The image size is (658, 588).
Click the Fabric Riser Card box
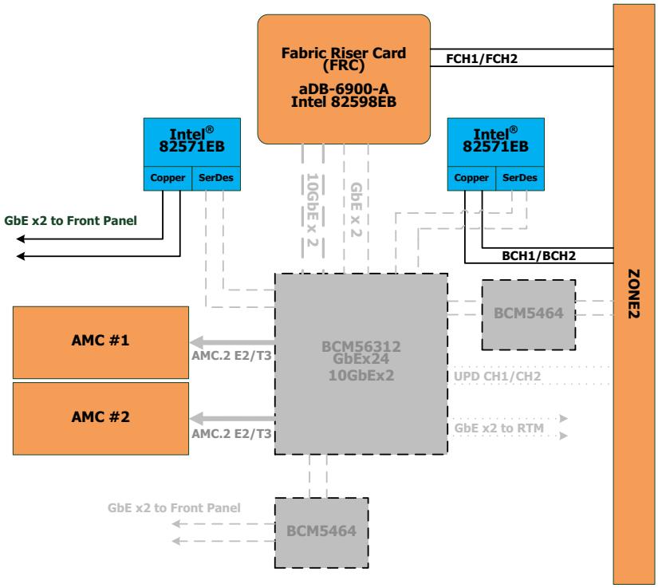click(x=344, y=79)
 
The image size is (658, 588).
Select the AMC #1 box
click(x=100, y=342)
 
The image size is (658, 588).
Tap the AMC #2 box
click(x=100, y=418)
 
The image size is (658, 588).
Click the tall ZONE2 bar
click(x=633, y=294)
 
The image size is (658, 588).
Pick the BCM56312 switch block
click(x=361, y=364)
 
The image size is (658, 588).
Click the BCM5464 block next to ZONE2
click(x=528, y=315)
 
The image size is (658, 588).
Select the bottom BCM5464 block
click(x=321, y=533)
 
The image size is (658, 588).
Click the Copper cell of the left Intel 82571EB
click(x=167, y=179)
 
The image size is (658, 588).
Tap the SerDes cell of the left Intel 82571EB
click(x=216, y=179)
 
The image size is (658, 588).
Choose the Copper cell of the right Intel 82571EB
click(x=471, y=179)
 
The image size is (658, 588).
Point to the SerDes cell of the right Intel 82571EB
click(x=520, y=179)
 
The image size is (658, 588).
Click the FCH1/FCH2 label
click(x=482, y=59)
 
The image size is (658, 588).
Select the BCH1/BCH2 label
click(x=539, y=255)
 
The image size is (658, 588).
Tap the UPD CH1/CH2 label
click(x=497, y=376)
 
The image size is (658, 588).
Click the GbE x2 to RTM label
click(x=499, y=428)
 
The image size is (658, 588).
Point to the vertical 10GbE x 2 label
click(x=313, y=210)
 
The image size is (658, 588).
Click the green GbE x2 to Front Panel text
click(x=70, y=221)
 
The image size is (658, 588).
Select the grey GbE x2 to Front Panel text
click(x=174, y=508)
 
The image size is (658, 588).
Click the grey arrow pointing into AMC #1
click(x=232, y=342)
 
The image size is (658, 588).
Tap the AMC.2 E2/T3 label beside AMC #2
click(x=231, y=433)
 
